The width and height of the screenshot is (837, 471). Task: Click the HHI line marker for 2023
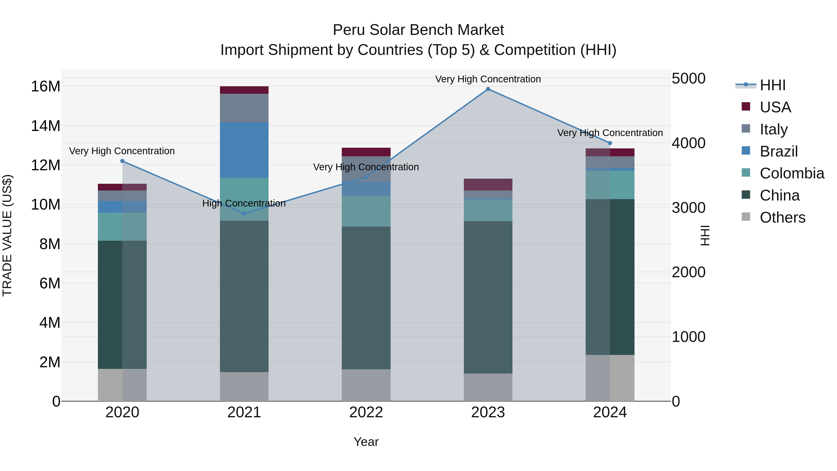click(488, 89)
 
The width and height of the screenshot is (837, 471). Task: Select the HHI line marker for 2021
click(244, 214)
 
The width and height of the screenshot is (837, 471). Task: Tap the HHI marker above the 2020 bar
click(122, 161)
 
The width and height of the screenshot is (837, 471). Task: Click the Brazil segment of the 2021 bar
click(244, 150)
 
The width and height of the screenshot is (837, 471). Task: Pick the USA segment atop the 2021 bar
click(244, 90)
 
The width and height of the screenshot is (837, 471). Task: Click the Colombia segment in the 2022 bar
click(366, 211)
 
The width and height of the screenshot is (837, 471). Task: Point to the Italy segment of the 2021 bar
click(244, 108)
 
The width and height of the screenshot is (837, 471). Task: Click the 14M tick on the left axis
click(46, 126)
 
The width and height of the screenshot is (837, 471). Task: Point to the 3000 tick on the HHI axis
click(688, 208)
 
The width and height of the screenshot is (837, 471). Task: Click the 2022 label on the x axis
click(366, 412)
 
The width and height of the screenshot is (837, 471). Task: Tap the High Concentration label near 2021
click(244, 204)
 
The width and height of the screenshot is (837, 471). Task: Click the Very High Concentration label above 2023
click(488, 79)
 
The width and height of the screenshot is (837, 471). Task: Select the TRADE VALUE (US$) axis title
click(7, 235)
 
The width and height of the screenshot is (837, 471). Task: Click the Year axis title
click(366, 442)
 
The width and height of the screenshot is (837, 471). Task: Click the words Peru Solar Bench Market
click(418, 30)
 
